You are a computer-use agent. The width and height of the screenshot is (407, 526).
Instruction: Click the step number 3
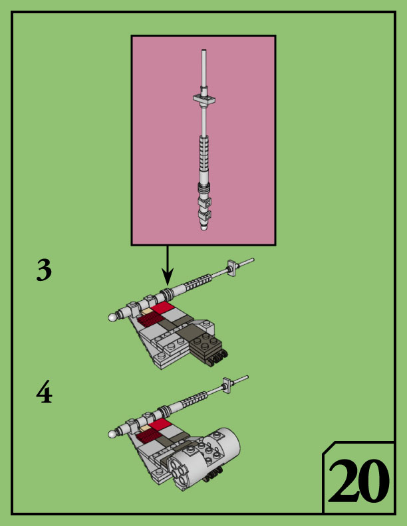click(44, 271)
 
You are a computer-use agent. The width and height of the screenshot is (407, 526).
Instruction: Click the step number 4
click(44, 394)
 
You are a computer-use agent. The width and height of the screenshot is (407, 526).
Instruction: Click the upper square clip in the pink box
click(207, 201)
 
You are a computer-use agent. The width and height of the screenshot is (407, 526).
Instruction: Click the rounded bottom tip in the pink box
click(203, 227)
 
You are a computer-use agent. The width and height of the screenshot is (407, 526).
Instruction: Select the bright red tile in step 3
click(162, 309)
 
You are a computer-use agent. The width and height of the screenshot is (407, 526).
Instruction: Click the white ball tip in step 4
click(113, 434)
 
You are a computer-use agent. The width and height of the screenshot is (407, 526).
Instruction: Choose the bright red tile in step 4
click(160, 424)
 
